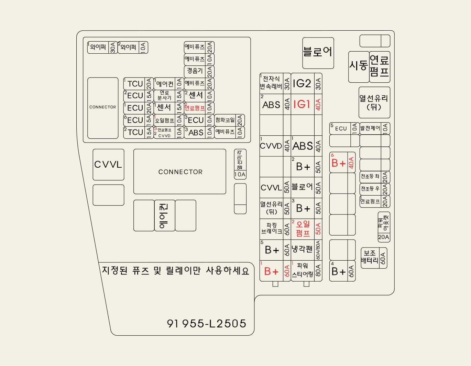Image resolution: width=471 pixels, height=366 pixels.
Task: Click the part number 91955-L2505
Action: (207, 323)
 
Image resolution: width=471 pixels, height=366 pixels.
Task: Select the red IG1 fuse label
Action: (302, 104)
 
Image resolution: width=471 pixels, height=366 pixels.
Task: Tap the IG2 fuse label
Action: (302, 83)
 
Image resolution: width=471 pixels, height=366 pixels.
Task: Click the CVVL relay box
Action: (108, 165)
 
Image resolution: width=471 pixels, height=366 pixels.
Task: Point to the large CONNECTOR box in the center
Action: (180, 171)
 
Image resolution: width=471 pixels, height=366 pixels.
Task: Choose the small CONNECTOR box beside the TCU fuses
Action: (103, 108)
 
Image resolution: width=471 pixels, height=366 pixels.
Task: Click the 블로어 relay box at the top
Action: (318, 53)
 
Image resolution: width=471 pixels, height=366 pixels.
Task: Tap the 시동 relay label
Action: (359, 65)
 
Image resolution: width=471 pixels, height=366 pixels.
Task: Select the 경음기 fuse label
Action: (195, 71)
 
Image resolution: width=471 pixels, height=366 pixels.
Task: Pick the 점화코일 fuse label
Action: (225, 120)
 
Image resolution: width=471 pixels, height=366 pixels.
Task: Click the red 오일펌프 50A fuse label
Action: (303, 229)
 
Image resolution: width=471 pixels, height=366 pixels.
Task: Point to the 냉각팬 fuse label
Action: (302, 249)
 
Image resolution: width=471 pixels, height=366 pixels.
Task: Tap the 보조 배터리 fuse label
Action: (370, 257)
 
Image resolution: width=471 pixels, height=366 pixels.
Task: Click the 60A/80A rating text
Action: (318, 250)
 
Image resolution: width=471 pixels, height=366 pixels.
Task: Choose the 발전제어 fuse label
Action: (370, 128)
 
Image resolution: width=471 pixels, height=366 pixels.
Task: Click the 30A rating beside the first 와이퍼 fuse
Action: (113, 47)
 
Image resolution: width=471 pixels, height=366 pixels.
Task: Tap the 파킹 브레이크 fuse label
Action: (271, 229)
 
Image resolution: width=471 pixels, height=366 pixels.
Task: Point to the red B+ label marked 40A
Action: (339, 163)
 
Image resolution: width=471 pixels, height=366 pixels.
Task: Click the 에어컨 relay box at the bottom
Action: (165, 216)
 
